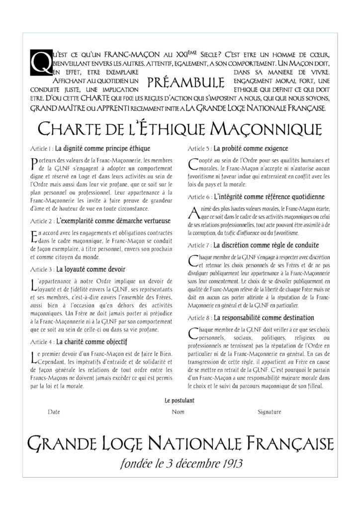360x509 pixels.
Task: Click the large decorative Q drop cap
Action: click(38, 63)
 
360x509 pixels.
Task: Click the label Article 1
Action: click(41, 149)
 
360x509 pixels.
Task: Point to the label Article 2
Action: click(41, 220)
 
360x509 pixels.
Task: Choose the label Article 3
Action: click(41, 269)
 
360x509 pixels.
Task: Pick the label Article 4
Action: click(41, 342)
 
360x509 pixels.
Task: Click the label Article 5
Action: click(199, 149)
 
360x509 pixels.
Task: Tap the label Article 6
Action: click(199, 197)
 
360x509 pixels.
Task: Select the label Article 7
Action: click(199, 246)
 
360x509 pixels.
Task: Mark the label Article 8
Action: click(199, 318)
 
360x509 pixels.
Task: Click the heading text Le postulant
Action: click(179, 400)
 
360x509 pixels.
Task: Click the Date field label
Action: click(54, 412)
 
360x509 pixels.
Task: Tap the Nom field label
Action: click(178, 412)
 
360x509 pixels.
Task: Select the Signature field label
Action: click(270, 412)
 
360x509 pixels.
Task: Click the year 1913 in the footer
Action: click(229, 464)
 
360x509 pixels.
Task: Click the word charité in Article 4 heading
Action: click(74, 342)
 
